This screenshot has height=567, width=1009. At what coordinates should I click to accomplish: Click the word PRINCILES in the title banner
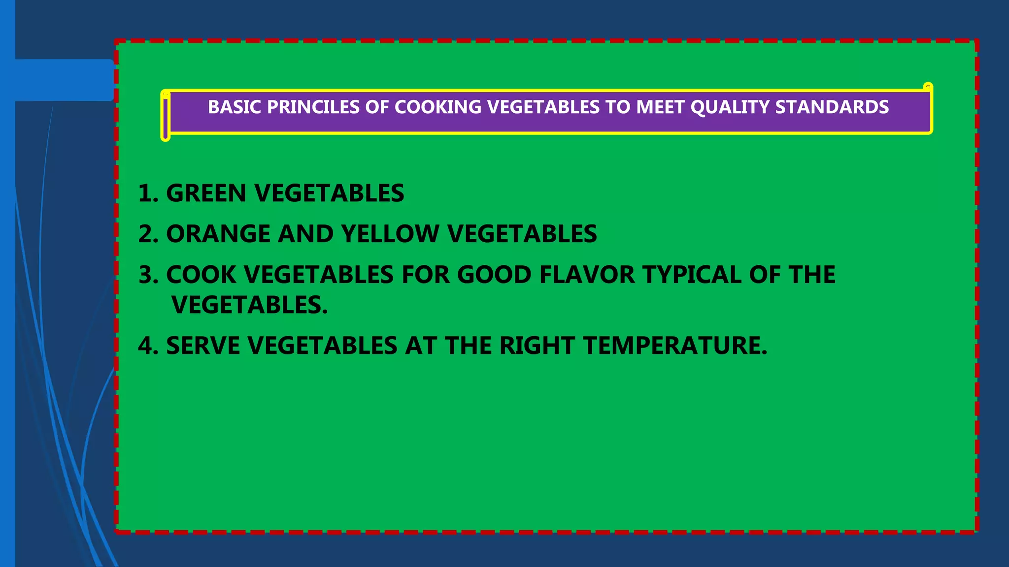313,107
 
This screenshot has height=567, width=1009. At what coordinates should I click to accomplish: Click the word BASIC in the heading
234,107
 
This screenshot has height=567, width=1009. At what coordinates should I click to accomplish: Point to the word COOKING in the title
437,107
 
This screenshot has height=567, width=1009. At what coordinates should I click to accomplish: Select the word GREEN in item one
206,193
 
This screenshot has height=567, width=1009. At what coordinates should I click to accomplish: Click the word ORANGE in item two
218,234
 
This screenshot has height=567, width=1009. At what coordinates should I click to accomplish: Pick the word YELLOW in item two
390,234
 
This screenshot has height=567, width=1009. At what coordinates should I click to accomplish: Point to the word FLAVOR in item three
587,275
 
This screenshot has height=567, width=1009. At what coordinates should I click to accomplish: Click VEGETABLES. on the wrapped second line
249,305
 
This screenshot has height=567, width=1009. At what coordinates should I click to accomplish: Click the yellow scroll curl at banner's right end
928,88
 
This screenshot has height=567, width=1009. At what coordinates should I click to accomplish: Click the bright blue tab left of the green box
64,80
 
